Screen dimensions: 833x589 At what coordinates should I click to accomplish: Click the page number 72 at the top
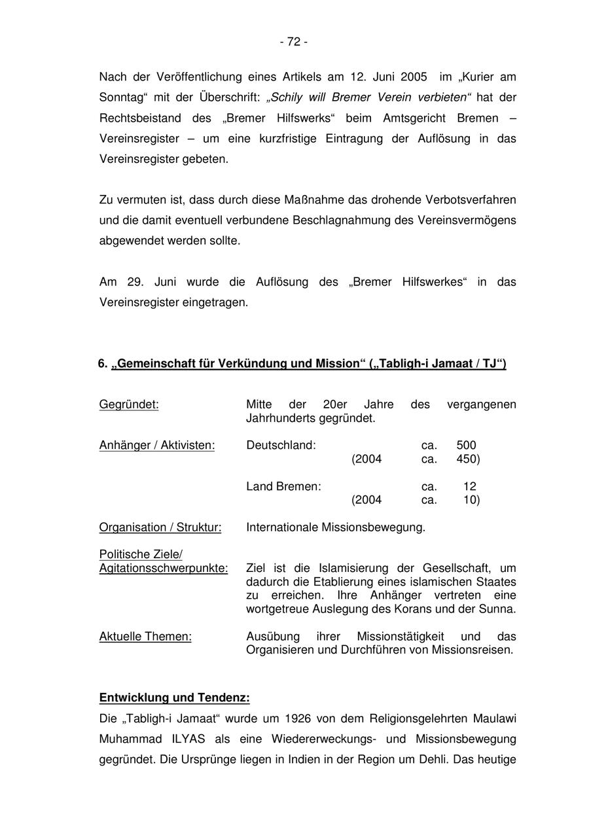click(294, 42)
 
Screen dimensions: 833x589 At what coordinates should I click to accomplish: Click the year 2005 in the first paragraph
click(414, 77)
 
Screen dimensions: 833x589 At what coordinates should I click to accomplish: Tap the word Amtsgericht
click(434, 118)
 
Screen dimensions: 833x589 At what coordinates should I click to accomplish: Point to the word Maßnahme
click(312, 199)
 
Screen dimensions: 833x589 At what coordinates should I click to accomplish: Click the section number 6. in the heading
click(103, 364)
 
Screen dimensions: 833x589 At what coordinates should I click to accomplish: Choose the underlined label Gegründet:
click(129, 404)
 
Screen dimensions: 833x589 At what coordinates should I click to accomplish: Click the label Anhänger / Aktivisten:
click(157, 446)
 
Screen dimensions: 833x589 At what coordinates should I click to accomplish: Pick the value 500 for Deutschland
click(466, 446)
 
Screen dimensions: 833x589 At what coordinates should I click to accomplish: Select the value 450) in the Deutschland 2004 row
click(468, 459)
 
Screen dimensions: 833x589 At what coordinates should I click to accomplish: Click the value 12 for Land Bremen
click(469, 487)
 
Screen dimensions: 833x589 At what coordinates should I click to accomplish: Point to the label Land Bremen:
click(283, 487)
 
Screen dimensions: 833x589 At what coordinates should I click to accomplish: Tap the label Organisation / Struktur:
click(160, 527)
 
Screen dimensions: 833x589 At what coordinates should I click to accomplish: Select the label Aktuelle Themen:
click(145, 637)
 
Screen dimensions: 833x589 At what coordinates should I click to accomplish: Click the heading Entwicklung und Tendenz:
click(174, 698)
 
